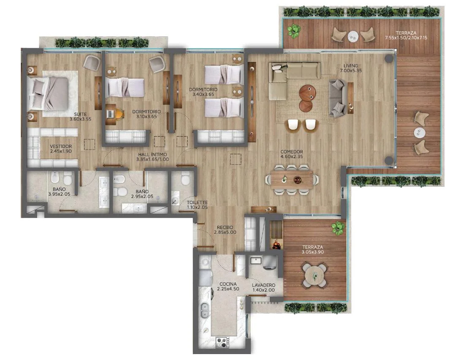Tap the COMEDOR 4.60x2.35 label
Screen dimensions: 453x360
[x=291, y=154]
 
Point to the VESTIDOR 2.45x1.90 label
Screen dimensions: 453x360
[x=61, y=149]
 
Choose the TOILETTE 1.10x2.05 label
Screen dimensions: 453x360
[x=197, y=205]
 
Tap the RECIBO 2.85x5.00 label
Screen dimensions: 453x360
[x=225, y=230]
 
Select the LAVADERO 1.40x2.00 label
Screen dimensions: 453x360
[x=263, y=287]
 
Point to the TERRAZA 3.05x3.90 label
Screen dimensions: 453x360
[x=312, y=250]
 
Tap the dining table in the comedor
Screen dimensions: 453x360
[x=292, y=180]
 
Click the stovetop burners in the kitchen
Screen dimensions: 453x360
[x=223, y=342]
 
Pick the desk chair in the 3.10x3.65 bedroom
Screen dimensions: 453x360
[x=119, y=114]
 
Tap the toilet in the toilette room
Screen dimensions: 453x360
[x=185, y=179]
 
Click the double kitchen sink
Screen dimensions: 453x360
[x=204, y=310]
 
